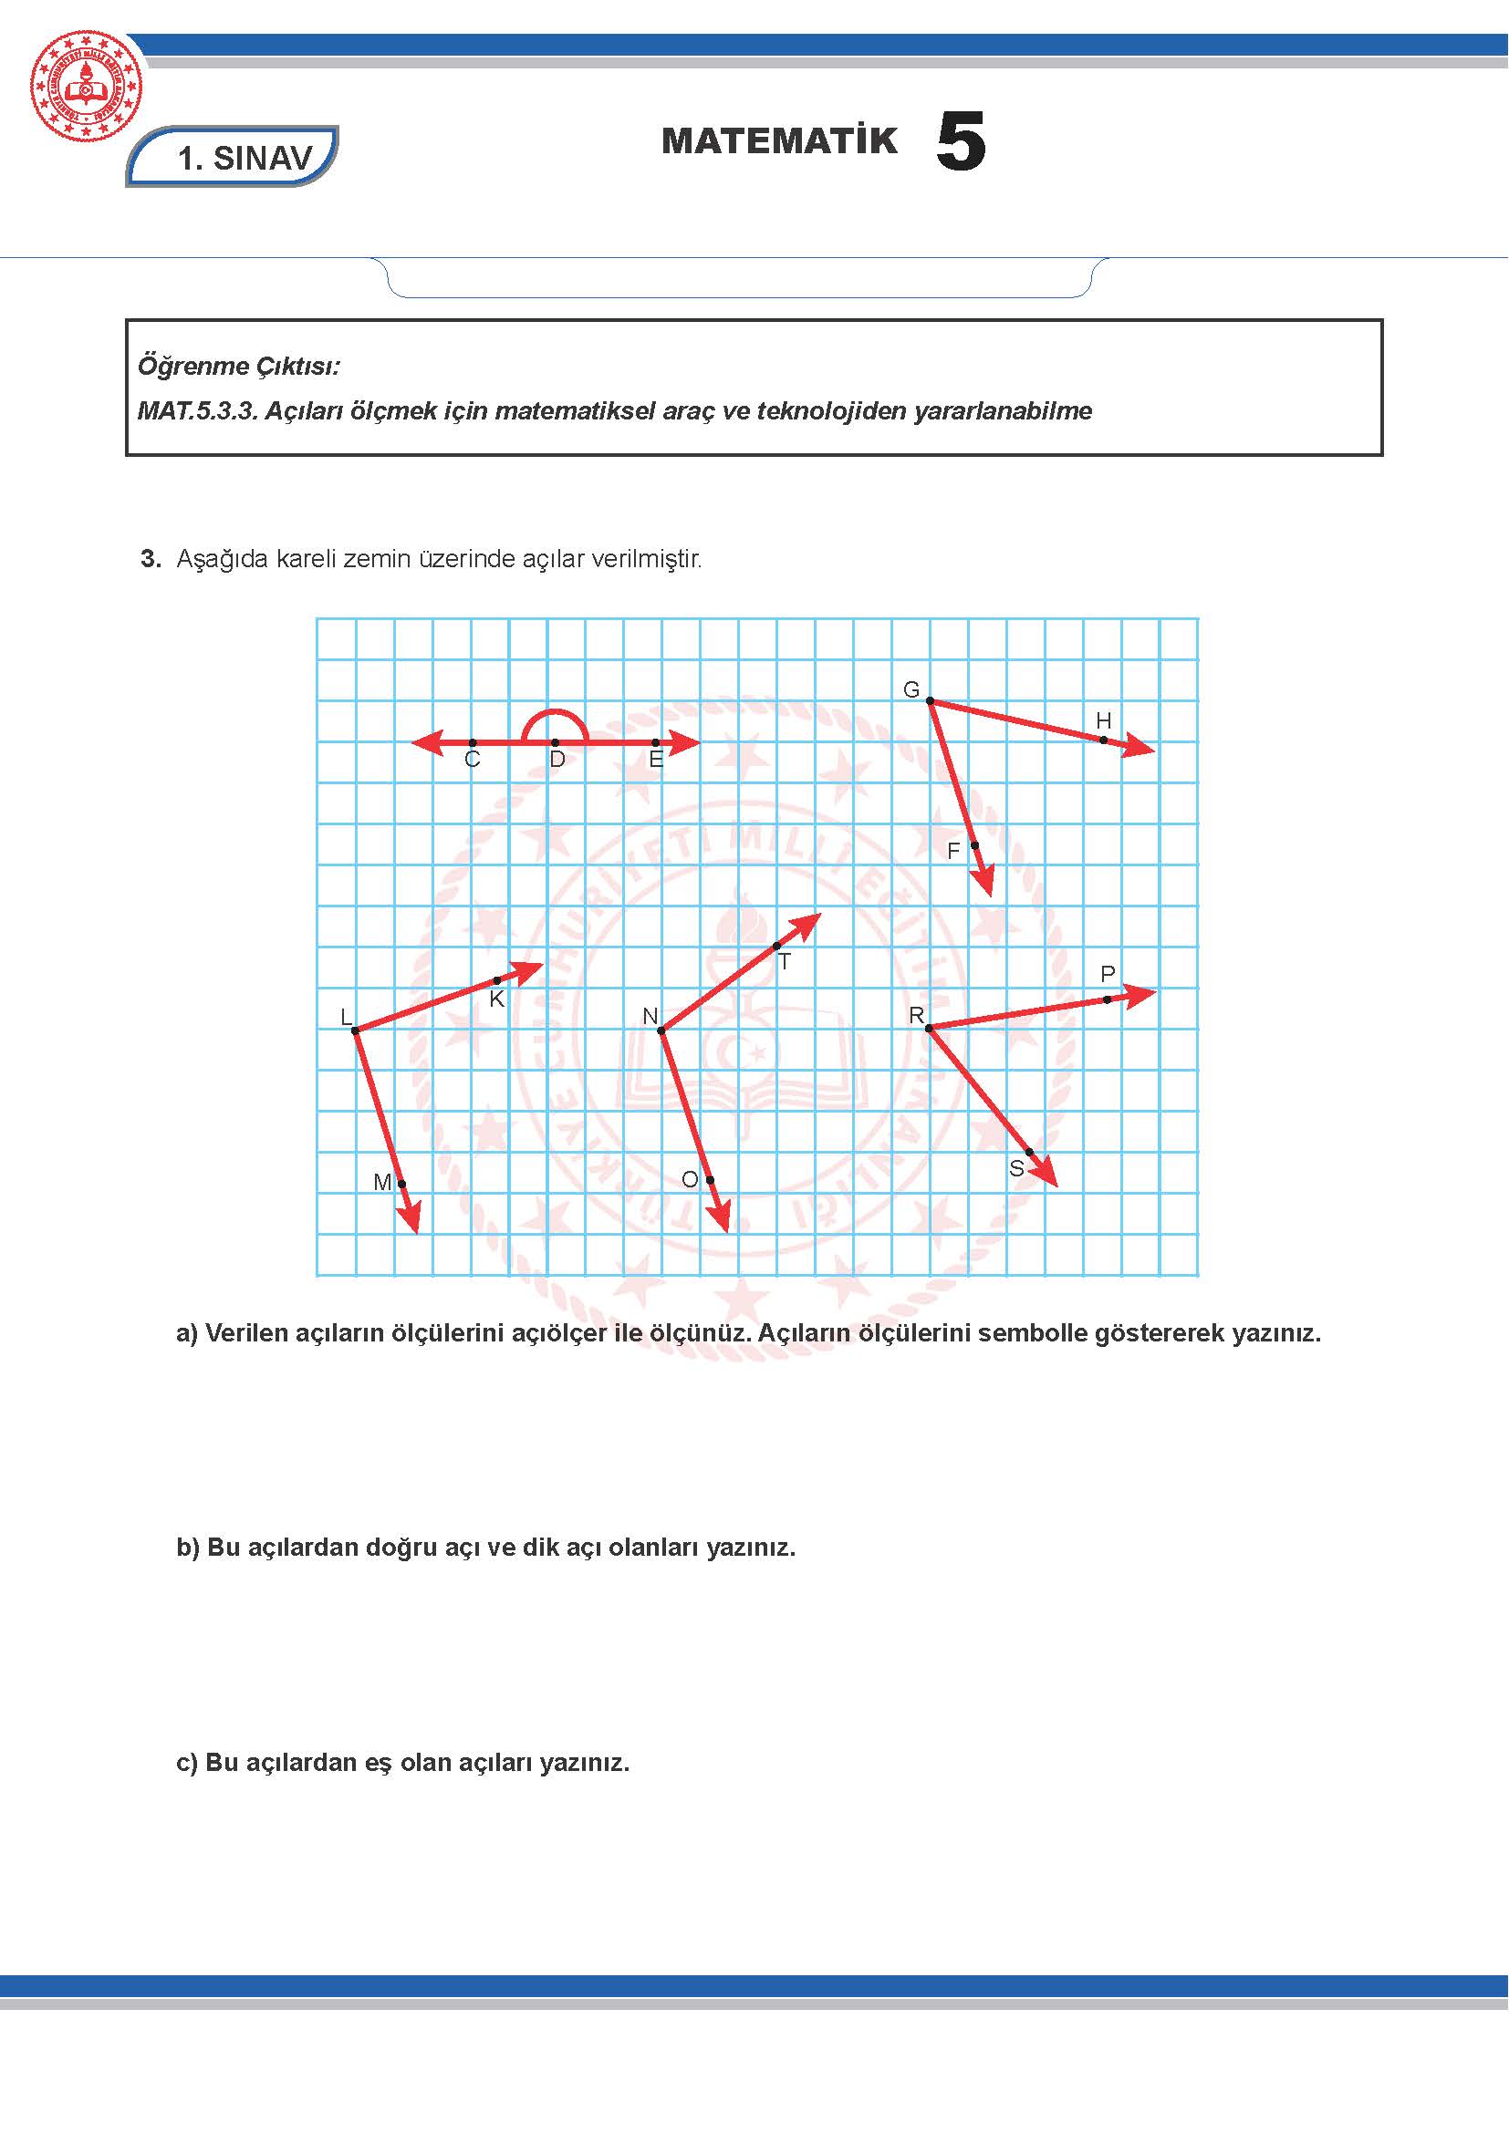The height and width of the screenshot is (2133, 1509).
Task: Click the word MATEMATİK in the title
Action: (779, 141)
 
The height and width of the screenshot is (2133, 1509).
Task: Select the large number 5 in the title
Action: (960, 142)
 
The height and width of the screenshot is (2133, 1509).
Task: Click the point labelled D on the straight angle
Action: (555, 742)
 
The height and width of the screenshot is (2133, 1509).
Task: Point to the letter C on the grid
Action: (472, 760)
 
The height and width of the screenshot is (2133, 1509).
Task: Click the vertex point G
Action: (930, 700)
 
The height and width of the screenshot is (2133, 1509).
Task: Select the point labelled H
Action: (1104, 740)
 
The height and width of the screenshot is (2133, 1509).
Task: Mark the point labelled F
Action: (974, 845)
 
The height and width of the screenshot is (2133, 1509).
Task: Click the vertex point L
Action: (355, 1030)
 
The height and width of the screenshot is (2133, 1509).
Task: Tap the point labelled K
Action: (497, 980)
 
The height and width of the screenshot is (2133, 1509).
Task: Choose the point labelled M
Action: (401, 1184)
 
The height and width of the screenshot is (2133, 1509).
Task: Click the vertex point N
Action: (661, 1030)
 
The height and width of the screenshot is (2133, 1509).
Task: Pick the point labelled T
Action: (776, 946)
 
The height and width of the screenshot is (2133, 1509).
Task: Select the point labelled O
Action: (710, 1180)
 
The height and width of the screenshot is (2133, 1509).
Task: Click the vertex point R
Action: (929, 1028)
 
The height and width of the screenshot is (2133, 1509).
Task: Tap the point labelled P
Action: (1108, 999)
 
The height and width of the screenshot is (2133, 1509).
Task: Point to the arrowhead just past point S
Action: (1048, 1176)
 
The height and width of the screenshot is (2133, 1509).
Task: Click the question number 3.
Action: (150, 558)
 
